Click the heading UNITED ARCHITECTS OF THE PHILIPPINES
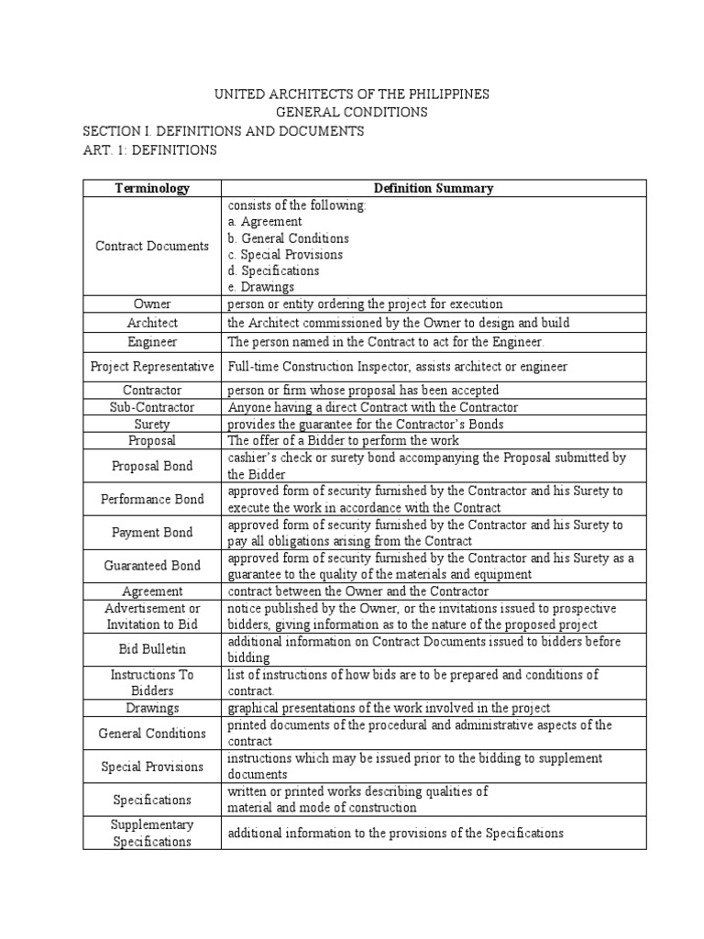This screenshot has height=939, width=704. point(351,94)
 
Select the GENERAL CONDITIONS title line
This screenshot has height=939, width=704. point(352,113)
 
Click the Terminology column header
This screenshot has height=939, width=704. point(152,188)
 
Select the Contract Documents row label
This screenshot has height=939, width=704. point(152,246)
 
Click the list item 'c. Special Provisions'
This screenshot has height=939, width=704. point(285,254)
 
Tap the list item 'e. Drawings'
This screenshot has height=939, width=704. point(261,287)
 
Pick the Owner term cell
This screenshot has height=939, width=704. point(152,304)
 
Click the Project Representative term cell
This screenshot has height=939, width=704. point(152,366)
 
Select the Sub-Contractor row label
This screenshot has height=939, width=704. point(152,407)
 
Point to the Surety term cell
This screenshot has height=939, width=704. point(152,424)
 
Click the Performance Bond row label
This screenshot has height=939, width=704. point(152,499)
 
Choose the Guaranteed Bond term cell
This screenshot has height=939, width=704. point(152,566)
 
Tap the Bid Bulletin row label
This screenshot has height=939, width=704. point(152,649)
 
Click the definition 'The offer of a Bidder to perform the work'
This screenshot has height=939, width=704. point(345,440)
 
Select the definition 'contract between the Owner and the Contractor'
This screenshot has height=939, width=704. point(358,591)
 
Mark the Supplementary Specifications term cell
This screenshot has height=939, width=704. point(152,833)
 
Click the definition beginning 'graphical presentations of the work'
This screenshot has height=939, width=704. point(390,707)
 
